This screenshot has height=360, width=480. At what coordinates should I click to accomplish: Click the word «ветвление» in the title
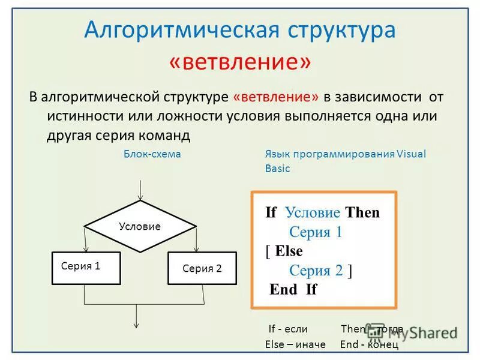[240, 62]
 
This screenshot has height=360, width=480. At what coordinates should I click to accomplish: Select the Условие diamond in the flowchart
[140, 226]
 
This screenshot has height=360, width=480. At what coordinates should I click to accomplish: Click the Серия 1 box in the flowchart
[86, 268]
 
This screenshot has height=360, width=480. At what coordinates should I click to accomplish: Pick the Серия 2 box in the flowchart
[202, 268]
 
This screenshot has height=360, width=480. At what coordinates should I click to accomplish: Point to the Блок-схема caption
[152, 154]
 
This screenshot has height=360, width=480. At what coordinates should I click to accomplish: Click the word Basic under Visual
[277, 169]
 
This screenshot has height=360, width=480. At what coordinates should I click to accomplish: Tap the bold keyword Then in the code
[362, 212]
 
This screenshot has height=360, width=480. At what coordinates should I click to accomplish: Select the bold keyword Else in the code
[289, 251]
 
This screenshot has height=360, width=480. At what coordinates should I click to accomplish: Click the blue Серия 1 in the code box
[315, 232]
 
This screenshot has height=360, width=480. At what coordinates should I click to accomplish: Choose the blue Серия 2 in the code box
[316, 271]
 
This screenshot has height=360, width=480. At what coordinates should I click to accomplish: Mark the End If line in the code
[293, 290]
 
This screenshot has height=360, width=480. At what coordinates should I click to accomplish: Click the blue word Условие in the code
[313, 212]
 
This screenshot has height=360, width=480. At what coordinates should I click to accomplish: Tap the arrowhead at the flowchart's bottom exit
[137, 324]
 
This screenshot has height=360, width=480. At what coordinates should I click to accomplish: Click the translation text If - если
[288, 329]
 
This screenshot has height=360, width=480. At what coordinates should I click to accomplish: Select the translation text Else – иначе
[295, 344]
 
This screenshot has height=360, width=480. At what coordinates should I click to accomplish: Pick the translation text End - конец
[368, 344]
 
